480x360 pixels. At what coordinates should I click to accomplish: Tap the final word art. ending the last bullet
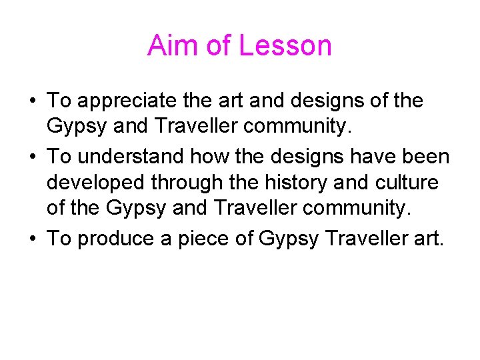point(426,239)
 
